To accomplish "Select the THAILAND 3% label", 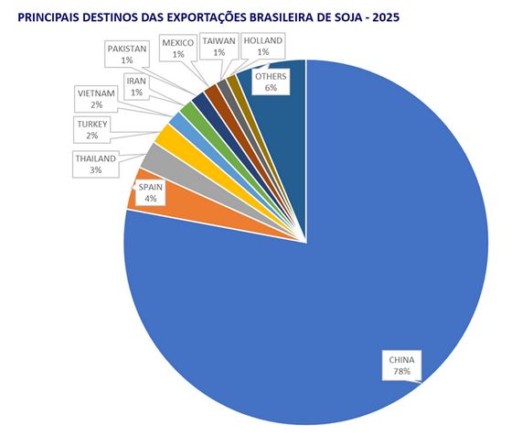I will (96, 164).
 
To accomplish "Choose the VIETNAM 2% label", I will (96, 98).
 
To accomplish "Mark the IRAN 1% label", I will (138, 87).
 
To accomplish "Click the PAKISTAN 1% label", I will (127, 53).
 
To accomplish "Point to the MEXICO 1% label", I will (178, 48).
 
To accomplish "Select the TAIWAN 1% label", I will (219, 47).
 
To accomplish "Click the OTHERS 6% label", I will (271, 82).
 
